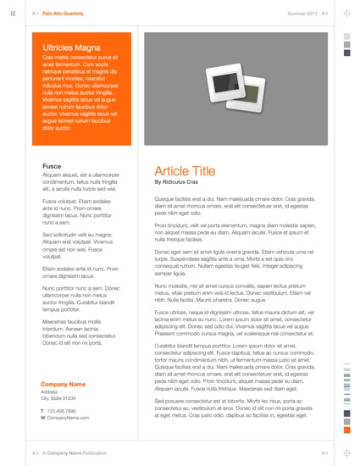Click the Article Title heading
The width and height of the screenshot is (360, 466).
185,170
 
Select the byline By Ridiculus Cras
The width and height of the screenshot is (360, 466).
175,182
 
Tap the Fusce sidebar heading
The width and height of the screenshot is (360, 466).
51,166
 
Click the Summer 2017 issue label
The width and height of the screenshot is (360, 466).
302,14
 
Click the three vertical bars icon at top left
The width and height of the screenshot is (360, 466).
13,14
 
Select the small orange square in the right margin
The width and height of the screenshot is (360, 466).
346,431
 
